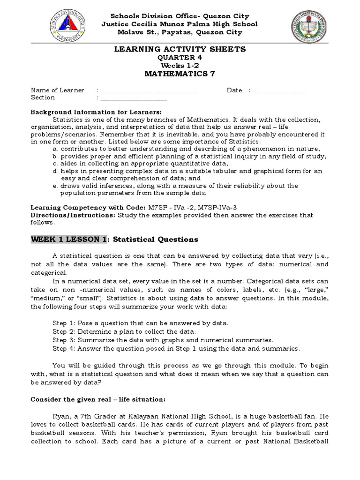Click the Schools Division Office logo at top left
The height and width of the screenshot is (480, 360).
pos(69,24)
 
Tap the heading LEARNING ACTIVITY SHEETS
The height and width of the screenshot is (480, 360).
pos(180,49)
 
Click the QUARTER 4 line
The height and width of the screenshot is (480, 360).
pos(180,57)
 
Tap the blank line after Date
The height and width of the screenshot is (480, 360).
pos(279,90)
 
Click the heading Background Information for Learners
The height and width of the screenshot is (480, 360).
pos(96,112)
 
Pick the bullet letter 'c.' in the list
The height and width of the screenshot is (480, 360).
pos(56,163)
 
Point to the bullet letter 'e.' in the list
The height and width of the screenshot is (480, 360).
pos(56,186)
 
